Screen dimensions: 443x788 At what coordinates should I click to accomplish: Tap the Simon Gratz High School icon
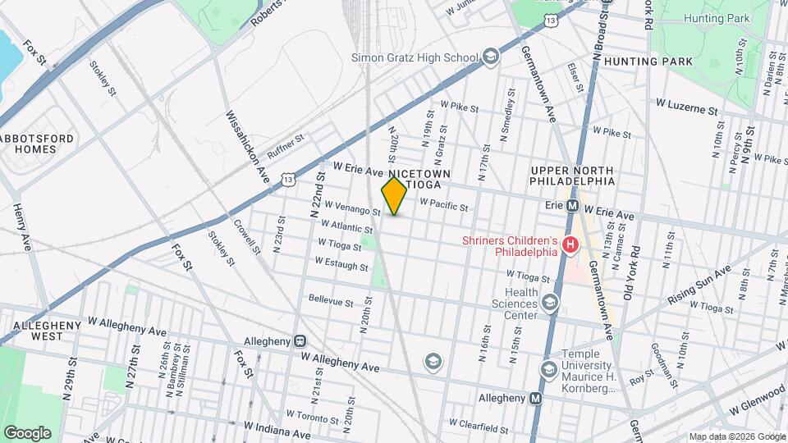[x=491, y=57]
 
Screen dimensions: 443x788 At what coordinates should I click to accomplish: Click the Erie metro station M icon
[x=573, y=206]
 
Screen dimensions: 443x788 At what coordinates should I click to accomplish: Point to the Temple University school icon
[x=548, y=370]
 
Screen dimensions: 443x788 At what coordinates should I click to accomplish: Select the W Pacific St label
[x=443, y=204]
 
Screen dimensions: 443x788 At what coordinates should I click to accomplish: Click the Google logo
[x=27, y=432]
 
